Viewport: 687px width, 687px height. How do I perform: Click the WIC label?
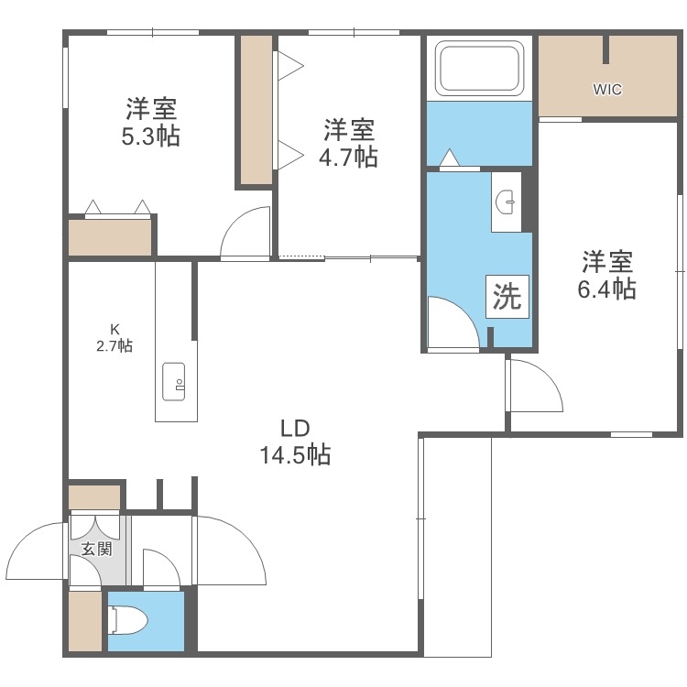pyautogui.click(x=607, y=90)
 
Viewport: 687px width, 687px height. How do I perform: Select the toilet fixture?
pyautogui.click(x=126, y=622)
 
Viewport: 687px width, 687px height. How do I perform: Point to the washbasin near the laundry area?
pyautogui.click(x=507, y=202)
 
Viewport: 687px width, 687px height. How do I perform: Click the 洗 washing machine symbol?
pyautogui.click(x=507, y=297)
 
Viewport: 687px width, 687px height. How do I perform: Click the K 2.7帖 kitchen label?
pyautogui.click(x=115, y=337)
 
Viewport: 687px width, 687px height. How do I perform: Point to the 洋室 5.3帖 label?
pyautogui.click(x=152, y=123)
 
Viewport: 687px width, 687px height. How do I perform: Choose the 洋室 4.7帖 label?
pyautogui.click(x=348, y=142)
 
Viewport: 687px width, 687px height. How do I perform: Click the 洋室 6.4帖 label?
pyautogui.click(x=606, y=276)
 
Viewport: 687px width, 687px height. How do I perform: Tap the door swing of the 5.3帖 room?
pyautogui.click(x=245, y=234)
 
